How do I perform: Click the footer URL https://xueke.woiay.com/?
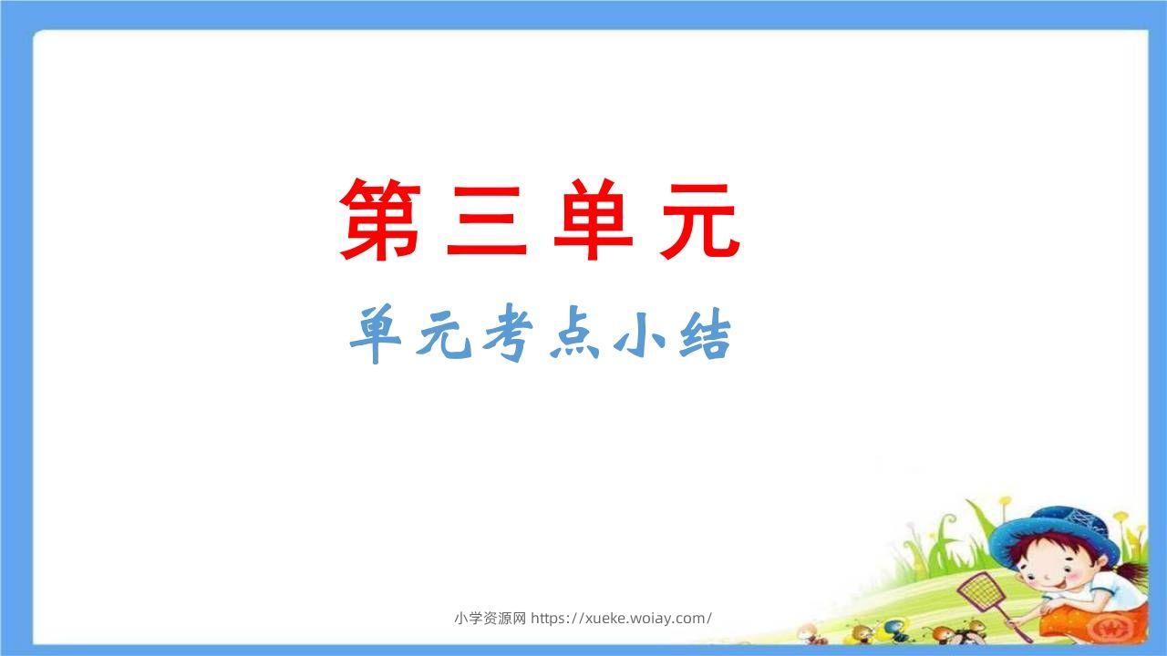621,619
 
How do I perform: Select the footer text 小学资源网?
490,619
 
